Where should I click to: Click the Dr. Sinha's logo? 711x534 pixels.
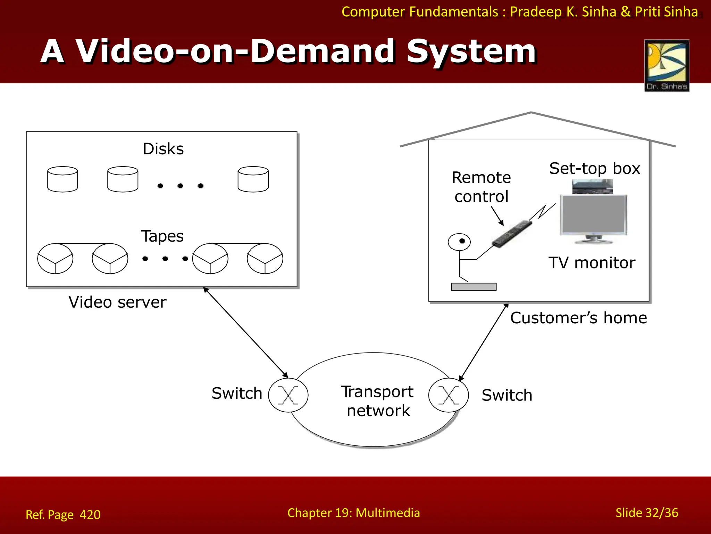[x=667, y=66]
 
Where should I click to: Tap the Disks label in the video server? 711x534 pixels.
[x=163, y=149]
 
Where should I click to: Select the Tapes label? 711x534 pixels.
[x=162, y=236]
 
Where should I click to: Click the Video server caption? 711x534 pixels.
[x=117, y=302]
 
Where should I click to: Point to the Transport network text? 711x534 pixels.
[x=378, y=401]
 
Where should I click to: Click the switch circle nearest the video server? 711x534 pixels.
[x=288, y=395]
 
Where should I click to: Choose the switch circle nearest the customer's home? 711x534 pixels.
[x=449, y=395]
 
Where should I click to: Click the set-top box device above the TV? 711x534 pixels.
[x=593, y=186]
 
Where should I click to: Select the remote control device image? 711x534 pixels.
[x=512, y=234]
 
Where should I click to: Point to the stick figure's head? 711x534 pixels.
[x=459, y=242]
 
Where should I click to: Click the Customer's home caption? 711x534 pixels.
[x=578, y=318]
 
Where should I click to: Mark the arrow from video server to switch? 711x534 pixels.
[x=245, y=332]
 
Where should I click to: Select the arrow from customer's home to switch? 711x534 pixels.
[x=483, y=342]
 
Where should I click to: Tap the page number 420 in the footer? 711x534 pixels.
[x=90, y=515]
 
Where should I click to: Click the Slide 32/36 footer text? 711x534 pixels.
[x=646, y=513]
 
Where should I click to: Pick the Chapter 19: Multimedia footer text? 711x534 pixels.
[x=353, y=513]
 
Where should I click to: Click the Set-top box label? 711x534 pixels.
[x=594, y=169]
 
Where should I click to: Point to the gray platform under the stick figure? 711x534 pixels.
[x=474, y=287]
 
